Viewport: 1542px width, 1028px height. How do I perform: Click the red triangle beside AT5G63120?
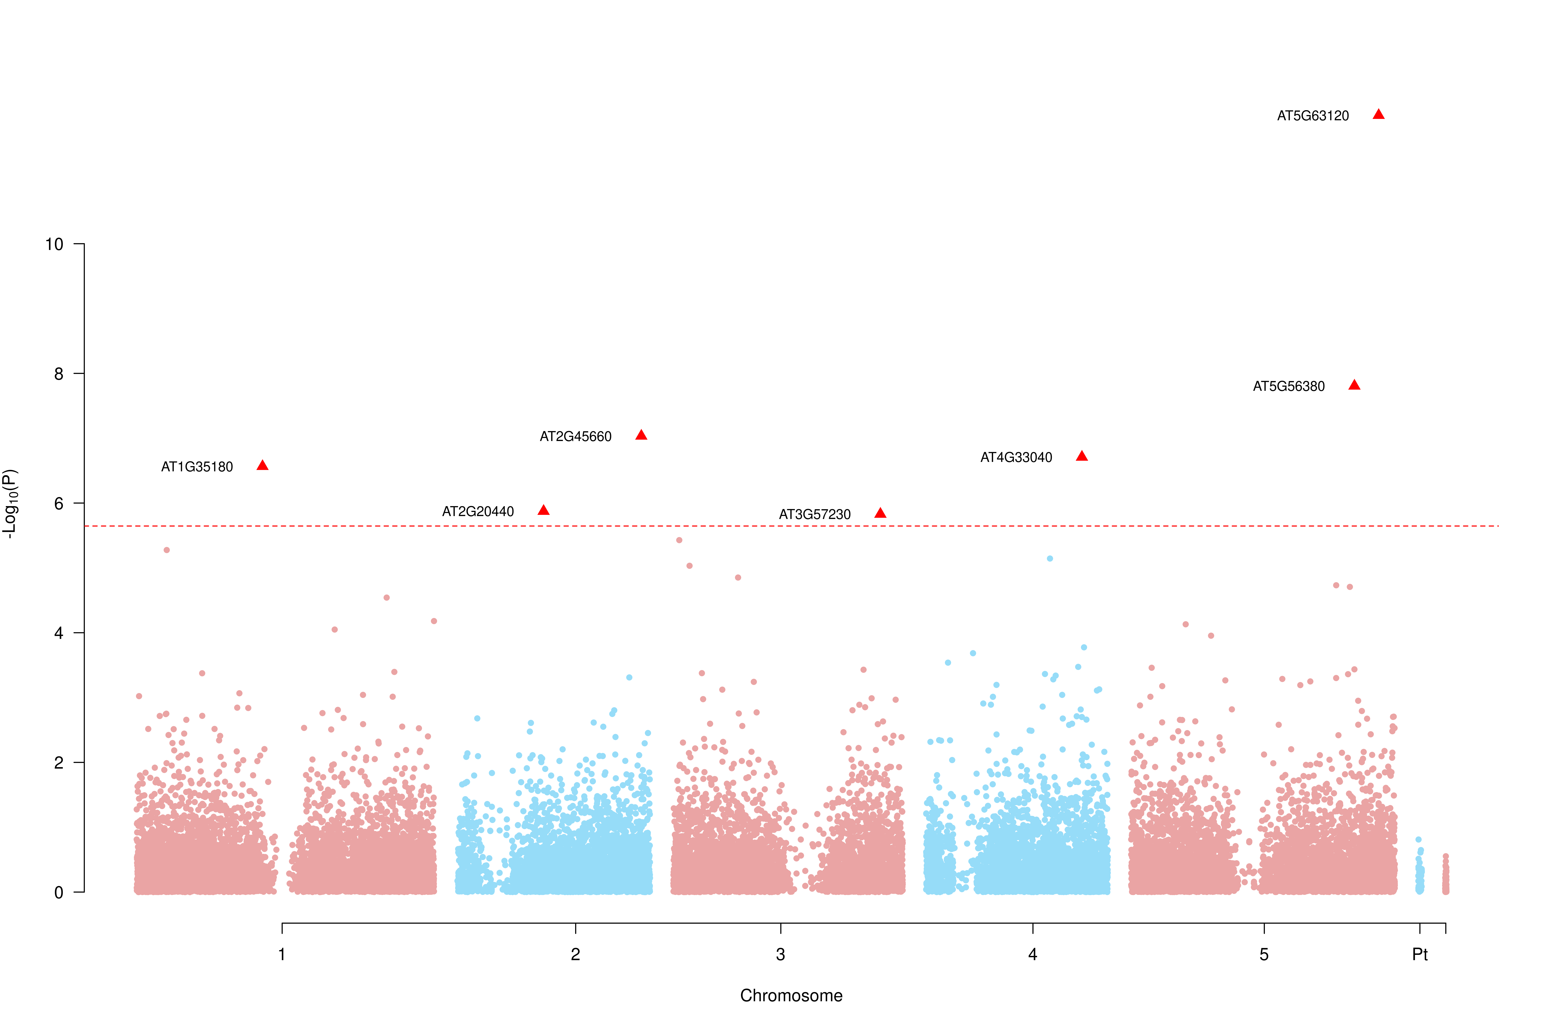1379,115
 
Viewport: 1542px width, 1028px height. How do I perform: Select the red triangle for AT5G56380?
1355,385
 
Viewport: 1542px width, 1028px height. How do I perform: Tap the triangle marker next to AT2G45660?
641,435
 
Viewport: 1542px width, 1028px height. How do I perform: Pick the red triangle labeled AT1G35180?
262,466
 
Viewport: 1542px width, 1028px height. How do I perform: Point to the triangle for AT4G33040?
1082,456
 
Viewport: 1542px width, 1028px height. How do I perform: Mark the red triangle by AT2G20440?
543,510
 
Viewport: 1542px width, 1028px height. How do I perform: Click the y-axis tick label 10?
54,244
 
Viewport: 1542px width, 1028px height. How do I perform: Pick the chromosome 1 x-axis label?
282,954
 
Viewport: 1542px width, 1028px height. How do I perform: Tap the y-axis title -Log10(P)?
10,504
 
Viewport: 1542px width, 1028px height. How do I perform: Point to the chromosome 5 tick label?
1264,954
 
